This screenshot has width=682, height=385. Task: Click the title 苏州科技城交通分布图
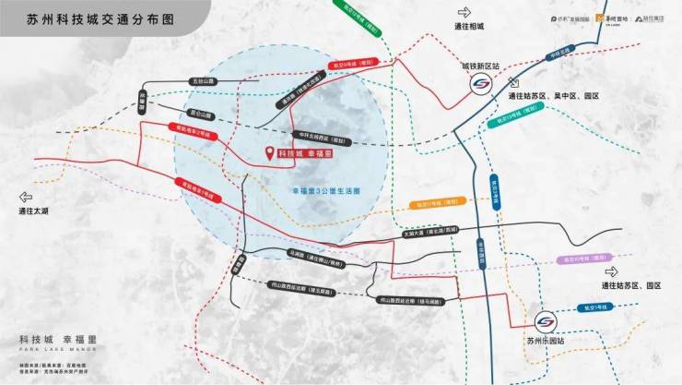(88, 18)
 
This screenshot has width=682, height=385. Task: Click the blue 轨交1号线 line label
(596, 306)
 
